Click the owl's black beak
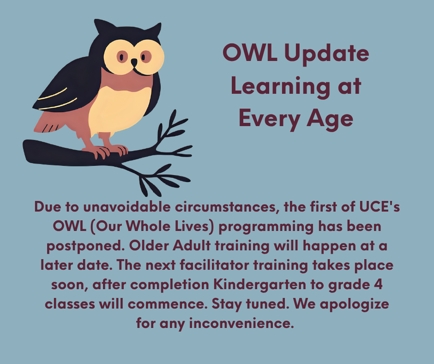pos(134,63)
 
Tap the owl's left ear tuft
pos(102,26)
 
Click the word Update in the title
pos(326,54)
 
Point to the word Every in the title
pos(270,119)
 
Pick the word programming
pos(266,227)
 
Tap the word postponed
pos(85,247)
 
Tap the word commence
pos(168,304)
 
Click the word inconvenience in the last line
pos(241,323)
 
